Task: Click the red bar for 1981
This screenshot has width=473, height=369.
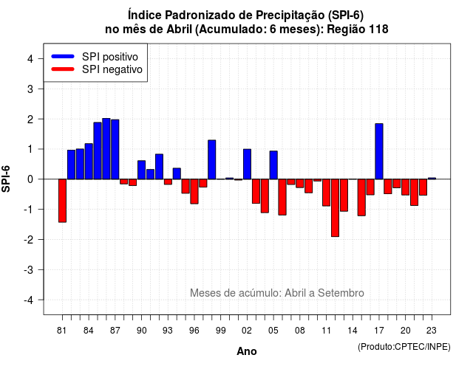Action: [x=62, y=201]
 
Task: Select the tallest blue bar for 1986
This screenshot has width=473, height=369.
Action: [x=106, y=149]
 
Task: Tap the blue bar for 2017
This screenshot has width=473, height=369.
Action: [x=379, y=151]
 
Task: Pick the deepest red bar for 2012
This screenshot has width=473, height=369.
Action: [x=335, y=208]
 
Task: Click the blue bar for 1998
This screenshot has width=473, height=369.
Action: [x=212, y=159]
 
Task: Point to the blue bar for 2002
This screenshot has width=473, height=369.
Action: [x=247, y=164]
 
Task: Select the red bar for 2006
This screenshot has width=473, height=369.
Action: [x=282, y=197]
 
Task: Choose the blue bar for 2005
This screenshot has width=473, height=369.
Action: [x=273, y=165]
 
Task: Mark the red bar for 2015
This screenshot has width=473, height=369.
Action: [x=361, y=197]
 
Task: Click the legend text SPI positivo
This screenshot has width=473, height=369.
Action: [x=110, y=57]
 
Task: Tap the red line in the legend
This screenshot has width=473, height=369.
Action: [x=63, y=69]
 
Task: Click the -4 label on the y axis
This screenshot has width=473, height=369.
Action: [x=29, y=300]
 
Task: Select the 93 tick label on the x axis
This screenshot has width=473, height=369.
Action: [x=168, y=331]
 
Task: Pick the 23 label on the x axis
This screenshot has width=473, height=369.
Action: [x=432, y=331]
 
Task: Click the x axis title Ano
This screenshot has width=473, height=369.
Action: [x=247, y=351]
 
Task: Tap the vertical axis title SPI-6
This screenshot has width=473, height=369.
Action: [x=6, y=179]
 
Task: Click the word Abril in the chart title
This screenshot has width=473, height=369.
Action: [x=179, y=30]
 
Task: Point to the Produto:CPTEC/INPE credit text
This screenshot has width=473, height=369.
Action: [x=404, y=347]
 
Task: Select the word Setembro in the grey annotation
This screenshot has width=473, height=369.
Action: [x=341, y=293]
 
